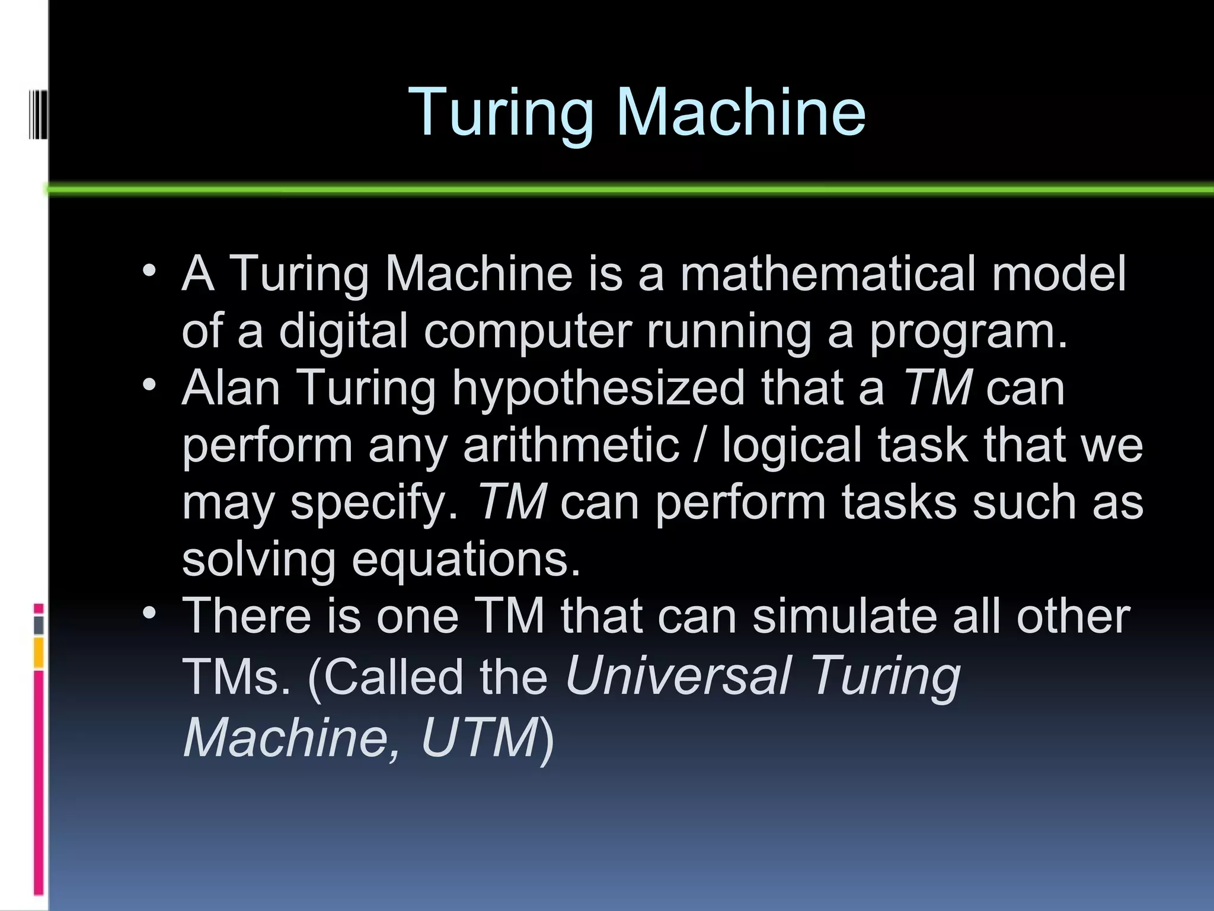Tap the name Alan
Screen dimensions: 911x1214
(x=231, y=388)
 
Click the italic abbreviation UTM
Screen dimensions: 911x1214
(x=479, y=737)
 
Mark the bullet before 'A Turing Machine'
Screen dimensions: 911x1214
(x=149, y=272)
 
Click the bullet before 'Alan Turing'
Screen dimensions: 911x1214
(x=149, y=386)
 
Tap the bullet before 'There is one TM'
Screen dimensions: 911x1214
(x=149, y=613)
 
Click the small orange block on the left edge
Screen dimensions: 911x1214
(x=39, y=652)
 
